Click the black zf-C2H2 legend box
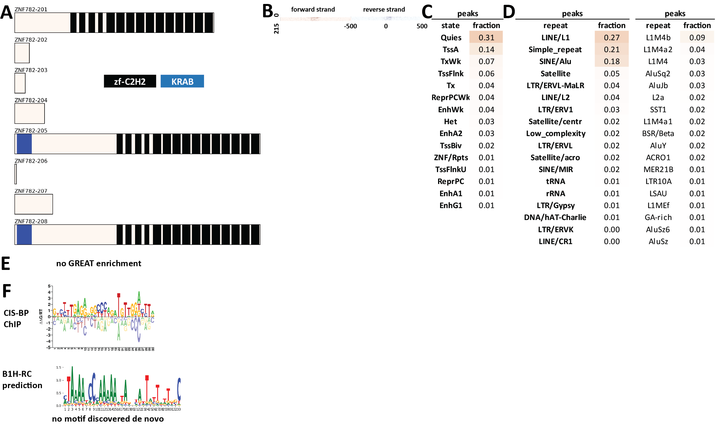point(130,81)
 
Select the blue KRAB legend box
point(182,81)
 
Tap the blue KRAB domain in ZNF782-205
point(24,144)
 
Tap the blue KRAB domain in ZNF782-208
point(24,234)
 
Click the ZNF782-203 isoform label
point(31,70)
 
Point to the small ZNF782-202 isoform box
point(22,53)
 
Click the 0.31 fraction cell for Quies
point(486,37)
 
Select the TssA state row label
point(450,50)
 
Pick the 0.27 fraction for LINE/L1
point(611,37)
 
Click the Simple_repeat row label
point(555,50)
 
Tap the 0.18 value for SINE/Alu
point(611,62)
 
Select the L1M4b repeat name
point(658,37)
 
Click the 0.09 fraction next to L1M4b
point(697,37)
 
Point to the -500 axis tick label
point(350,26)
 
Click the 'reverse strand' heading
point(384,9)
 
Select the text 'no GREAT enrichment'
point(98,263)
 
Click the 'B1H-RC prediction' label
point(22,379)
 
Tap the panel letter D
point(509,12)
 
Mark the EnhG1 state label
point(451,205)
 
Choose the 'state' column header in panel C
point(450,26)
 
